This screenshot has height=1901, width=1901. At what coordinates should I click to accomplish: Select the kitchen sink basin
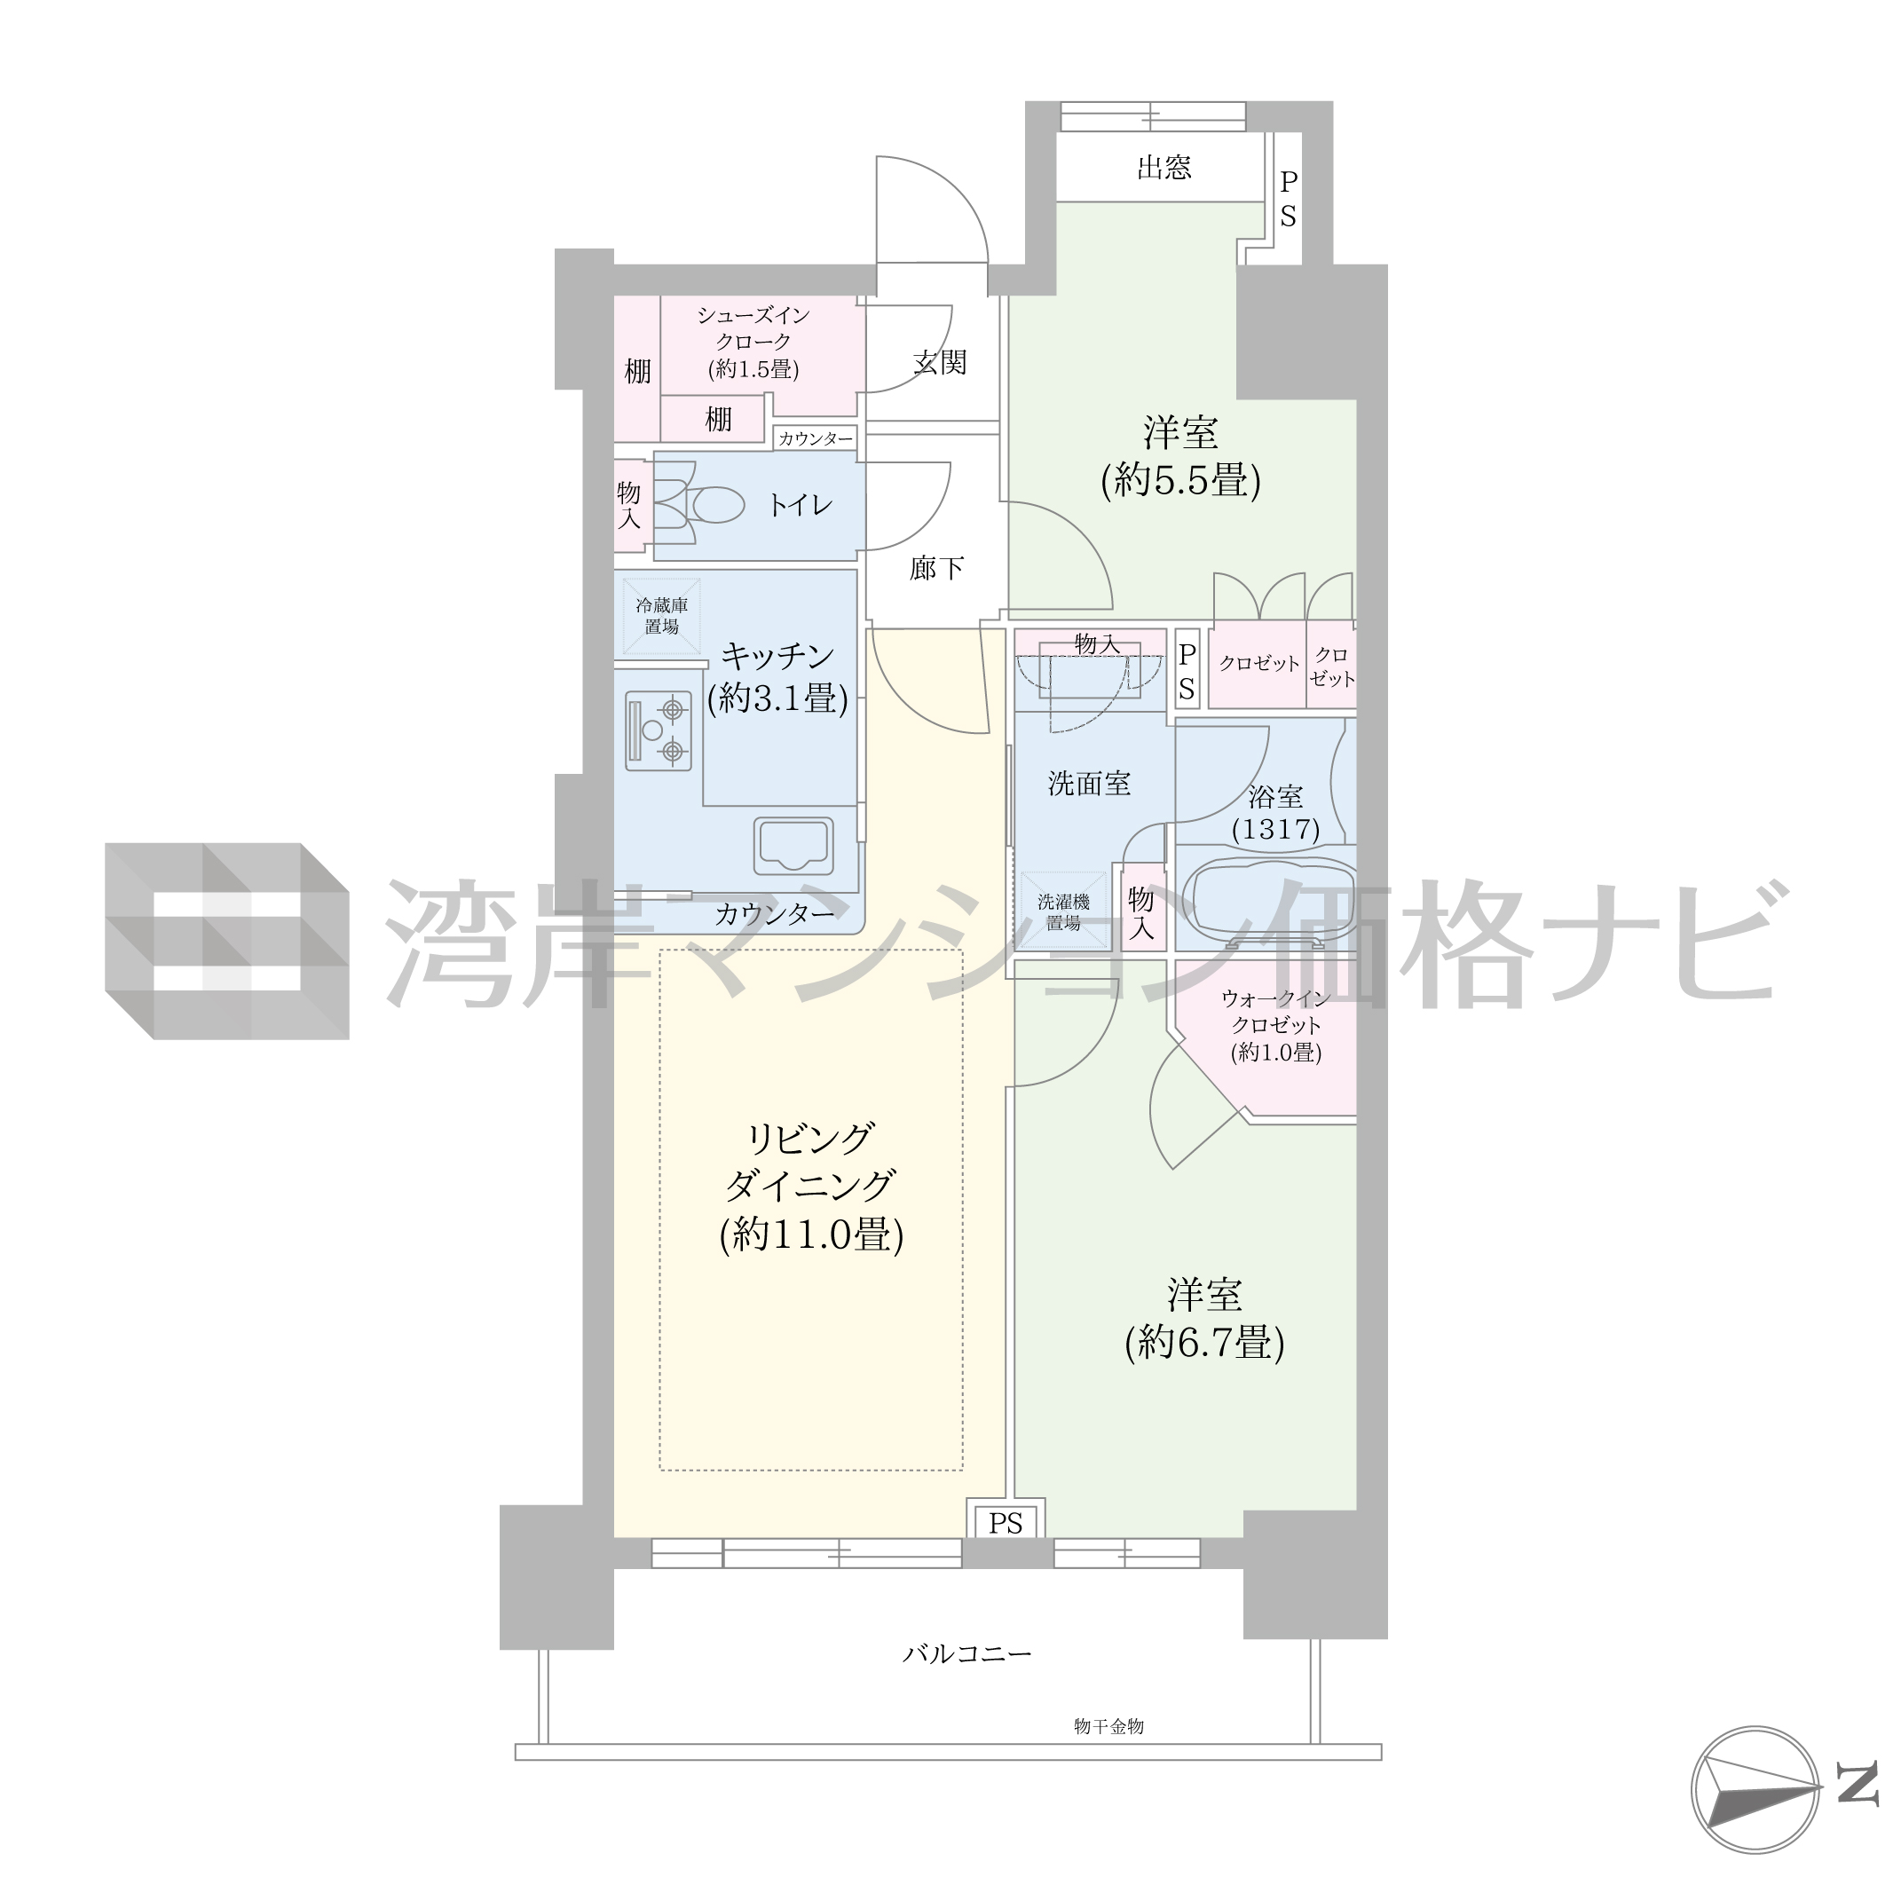coord(794,846)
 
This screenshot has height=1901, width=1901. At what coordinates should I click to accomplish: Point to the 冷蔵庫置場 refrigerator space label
coord(661,616)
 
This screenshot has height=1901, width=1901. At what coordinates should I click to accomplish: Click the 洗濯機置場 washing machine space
coord(1063,912)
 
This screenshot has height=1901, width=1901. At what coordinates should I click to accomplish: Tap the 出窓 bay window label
coord(1164,169)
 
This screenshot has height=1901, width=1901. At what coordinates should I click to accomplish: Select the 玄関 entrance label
coord(940,363)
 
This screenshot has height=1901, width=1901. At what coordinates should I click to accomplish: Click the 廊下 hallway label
coord(935,568)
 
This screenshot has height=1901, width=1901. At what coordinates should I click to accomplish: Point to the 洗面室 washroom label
coord(1089,784)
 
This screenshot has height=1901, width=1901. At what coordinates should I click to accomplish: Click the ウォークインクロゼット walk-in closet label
coord(1276,1025)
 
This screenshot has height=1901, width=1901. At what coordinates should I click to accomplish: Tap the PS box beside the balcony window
coord(1006,1524)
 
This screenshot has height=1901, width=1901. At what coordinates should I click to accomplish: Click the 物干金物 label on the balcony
coord(1109,1726)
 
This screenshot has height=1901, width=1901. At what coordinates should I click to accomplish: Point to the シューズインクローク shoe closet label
coord(753,342)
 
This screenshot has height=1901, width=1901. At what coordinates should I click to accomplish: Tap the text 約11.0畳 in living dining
coord(812,1234)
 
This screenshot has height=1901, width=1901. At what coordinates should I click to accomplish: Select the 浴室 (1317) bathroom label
coord(1276,812)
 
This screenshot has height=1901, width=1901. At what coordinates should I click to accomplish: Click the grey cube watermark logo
coord(227,941)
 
